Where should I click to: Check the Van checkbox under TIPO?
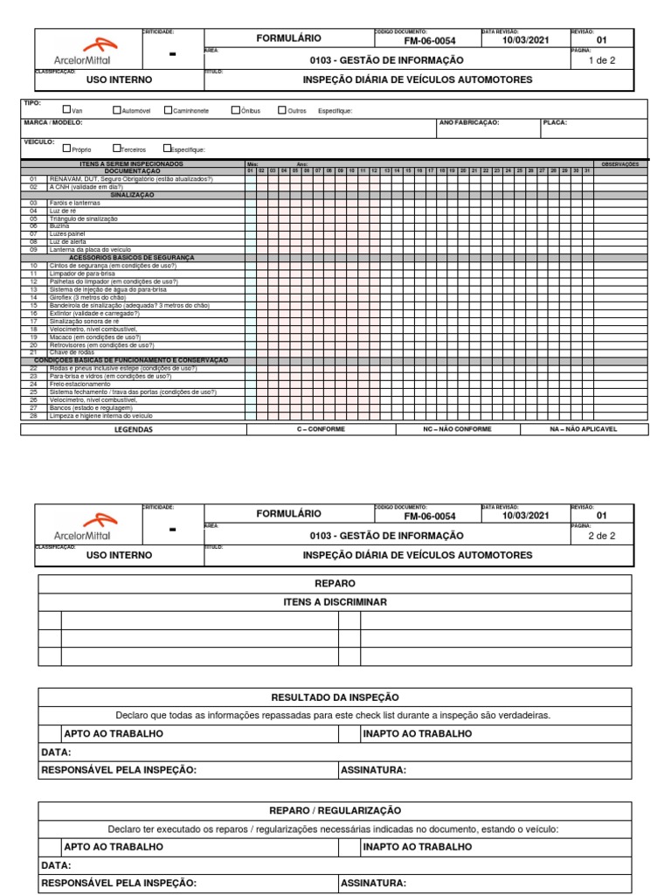66,110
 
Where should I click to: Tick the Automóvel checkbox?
115,110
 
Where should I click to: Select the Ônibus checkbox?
235,110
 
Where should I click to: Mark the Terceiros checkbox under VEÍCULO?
116,149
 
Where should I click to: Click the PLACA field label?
555,123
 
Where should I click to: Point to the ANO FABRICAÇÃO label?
469,123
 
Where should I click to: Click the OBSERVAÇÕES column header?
621,164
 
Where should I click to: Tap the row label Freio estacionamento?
80,384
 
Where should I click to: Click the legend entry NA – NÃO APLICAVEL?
584,430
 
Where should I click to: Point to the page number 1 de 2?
601,60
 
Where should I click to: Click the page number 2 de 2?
601,536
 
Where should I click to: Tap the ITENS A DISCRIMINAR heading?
335,602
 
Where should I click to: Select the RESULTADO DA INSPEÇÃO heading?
335,697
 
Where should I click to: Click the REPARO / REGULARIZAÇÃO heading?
335,811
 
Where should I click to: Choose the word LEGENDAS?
133,430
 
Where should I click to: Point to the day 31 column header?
586,170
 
